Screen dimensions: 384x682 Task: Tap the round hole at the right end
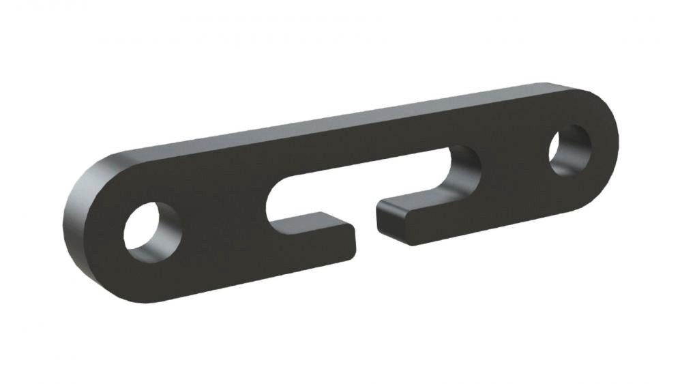pos(569,149)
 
